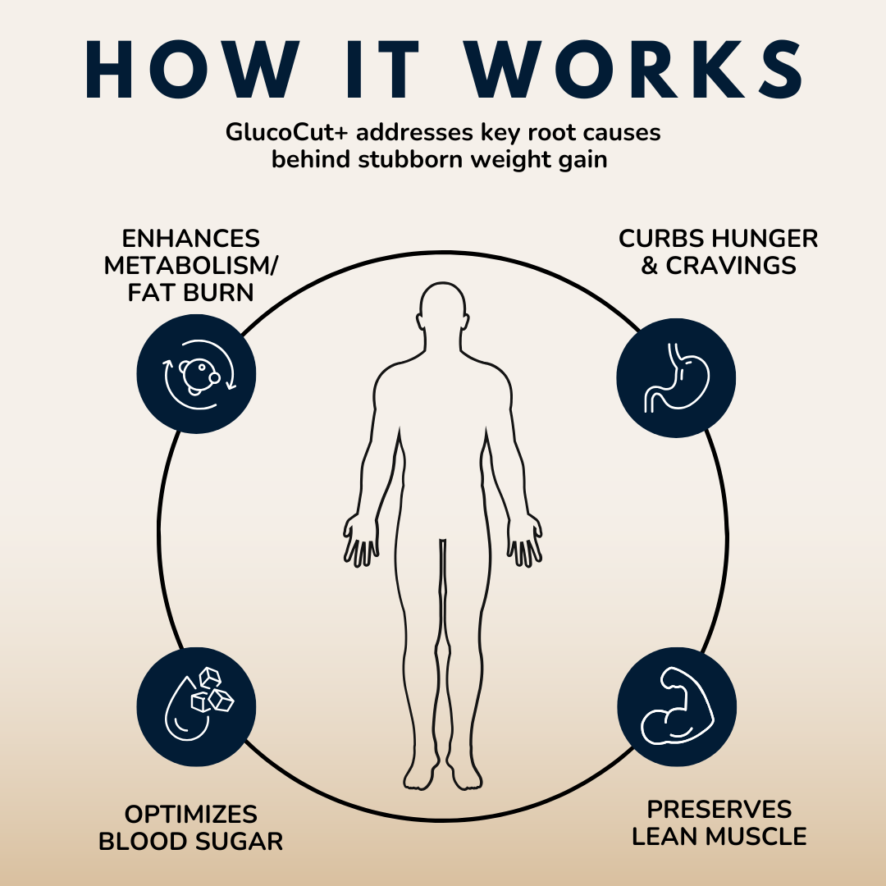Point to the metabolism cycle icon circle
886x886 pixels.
point(196,373)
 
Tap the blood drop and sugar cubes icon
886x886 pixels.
point(196,700)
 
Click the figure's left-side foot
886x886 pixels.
point(420,772)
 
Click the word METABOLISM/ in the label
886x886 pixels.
point(191,265)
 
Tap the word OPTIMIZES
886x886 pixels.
point(191,815)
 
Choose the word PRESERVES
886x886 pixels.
point(719,810)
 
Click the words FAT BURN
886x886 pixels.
point(191,292)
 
